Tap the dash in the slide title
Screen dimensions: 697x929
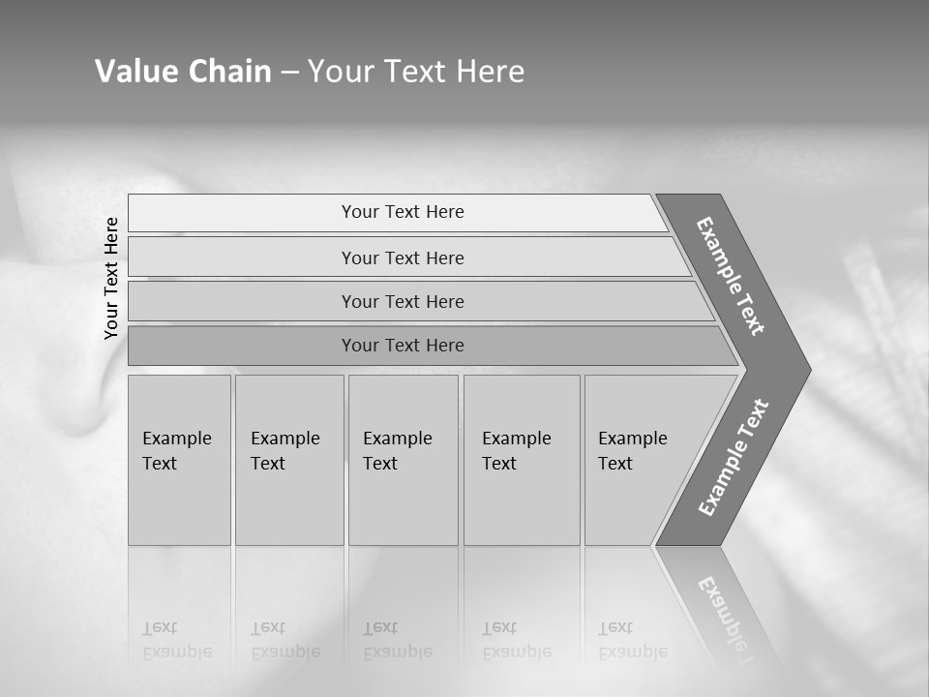(289, 73)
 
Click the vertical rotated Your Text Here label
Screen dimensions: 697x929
(111, 278)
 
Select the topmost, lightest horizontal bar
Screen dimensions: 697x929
(403, 212)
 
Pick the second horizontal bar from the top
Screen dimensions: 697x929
(403, 258)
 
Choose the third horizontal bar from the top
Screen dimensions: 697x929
(403, 301)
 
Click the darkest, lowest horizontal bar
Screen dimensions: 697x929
(403, 346)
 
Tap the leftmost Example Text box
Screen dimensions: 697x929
(179, 460)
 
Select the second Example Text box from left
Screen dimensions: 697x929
(288, 460)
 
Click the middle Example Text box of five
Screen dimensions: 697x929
(403, 460)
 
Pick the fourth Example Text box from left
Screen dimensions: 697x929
(522, 460)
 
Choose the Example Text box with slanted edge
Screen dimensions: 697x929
(639, 460)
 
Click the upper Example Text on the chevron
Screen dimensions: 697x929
(731, 276)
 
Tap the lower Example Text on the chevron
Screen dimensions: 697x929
(734, 458)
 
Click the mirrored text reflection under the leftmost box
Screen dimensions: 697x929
(176, 641)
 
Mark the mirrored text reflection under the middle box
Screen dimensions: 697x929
(397, 641)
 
